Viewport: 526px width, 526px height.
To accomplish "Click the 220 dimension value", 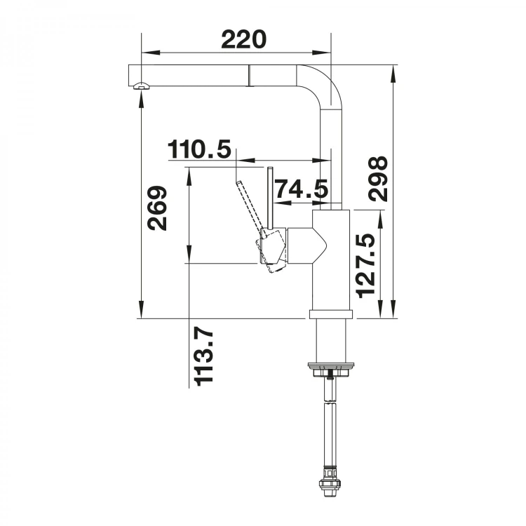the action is coord(243,39).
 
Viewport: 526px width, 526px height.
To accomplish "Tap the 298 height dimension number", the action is coord(378,179).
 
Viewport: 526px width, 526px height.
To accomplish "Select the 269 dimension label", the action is coord(157,208).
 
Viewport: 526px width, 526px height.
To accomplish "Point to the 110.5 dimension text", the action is coord(200,149).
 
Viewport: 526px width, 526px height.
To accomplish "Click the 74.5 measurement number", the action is coord(301,189).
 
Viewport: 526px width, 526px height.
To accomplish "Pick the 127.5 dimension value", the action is coord(365,265).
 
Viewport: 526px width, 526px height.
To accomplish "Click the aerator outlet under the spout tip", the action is coord(142,86).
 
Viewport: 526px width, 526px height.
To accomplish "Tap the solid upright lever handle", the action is coord(269,198).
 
